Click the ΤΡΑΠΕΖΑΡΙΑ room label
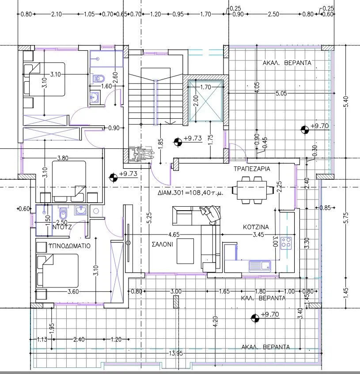[252, 169]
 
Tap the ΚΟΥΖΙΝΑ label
[256, 227]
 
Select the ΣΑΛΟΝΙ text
[163, 244]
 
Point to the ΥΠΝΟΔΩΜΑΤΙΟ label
[69, 246]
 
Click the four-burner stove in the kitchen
[286, 243]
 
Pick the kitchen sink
[260, 266]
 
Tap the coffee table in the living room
[185, 251]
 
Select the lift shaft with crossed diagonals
[205, 101]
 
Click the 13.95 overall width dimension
[176, 353]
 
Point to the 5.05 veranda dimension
[281, 93]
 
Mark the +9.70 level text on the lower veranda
[270, 314]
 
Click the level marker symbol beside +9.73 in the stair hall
[178, 142]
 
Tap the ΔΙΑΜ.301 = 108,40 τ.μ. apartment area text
[190, 193]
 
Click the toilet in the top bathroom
[98, 79]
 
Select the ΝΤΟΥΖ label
[62, 227]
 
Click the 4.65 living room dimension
[174, 235]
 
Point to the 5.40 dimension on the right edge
[346, 102]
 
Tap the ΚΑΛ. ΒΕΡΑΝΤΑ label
[263, 298]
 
